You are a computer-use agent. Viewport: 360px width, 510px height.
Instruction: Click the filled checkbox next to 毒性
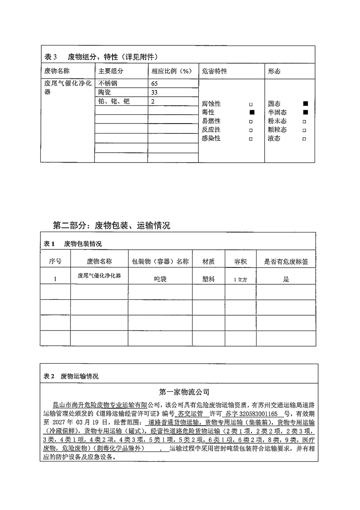coord(252,112)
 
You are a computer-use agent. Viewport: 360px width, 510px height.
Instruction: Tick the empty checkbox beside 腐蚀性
coord(251,104)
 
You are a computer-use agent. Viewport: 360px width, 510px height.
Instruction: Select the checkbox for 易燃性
coord(251,121)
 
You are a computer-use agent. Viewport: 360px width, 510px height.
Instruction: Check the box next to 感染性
coord(251,139)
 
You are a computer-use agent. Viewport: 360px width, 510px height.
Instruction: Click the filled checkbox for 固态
coord(305,104)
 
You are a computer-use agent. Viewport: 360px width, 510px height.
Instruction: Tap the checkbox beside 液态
coord(304,139)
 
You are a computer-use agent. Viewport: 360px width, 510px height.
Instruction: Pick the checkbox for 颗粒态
coord(304,130)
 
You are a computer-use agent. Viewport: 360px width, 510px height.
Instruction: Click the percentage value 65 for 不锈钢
coord(154,84)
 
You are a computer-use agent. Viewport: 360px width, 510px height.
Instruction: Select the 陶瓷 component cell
coord(105,93)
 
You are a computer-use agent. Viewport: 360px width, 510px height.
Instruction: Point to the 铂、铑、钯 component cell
coord(114,102)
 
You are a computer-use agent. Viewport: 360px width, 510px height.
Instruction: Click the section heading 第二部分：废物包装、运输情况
coord(112,225)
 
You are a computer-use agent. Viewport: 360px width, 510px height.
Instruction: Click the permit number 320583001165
coord(257,414)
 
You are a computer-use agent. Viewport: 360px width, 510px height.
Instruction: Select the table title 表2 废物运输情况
coord(70,376)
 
